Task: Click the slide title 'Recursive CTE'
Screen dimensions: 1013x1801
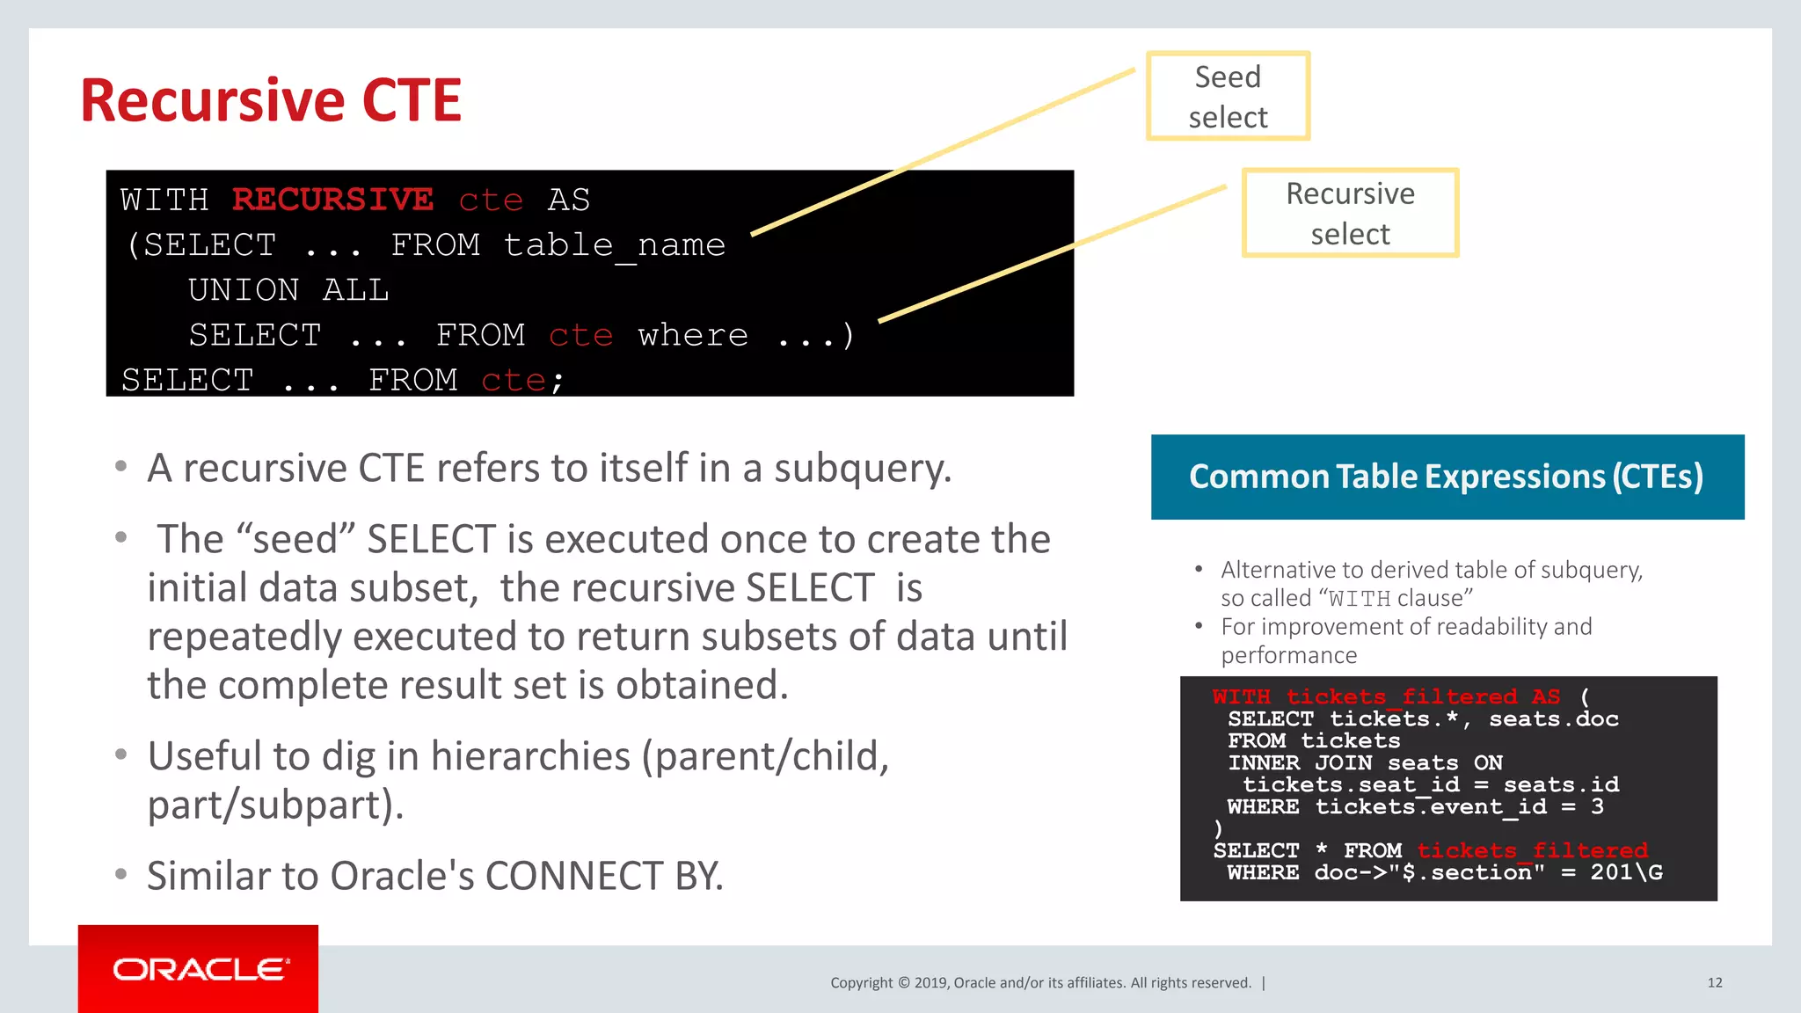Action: tap(271, 100)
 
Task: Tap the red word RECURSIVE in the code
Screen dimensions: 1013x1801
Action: tap(332, 200)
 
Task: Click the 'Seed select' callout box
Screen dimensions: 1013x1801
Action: tap(1228, 96)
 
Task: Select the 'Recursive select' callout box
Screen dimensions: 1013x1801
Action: tap(1350, 213)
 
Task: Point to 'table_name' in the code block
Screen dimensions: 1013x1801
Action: tap(615, 245)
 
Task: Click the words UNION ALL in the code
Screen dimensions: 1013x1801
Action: tap(288, 290)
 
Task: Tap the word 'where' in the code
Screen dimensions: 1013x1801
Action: tap(693, 335)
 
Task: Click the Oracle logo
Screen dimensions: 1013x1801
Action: tap(199, 969)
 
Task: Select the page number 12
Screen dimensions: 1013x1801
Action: tap(1715, 982)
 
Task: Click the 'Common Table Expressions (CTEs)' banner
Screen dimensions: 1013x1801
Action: tap(1447, 477)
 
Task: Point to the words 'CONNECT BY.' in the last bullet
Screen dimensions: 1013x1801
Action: tap(604, 876)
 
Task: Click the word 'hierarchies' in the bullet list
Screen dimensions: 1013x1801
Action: tap(530, 756)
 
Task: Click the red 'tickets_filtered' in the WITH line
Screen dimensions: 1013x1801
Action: tap(1402, 697)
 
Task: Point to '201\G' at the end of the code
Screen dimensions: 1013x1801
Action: tap(1626, 872)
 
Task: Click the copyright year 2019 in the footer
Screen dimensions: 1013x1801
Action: tap(931, 983)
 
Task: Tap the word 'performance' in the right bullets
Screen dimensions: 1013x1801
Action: tap(1288, 655)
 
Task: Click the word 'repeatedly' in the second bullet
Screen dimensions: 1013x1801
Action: tap(244, 637)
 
